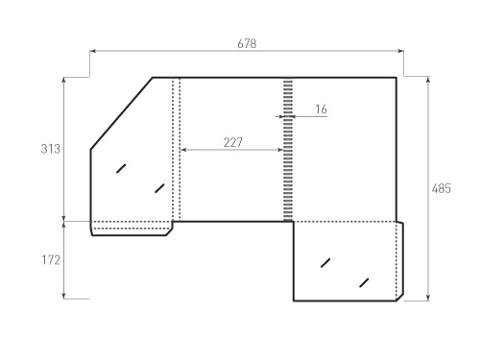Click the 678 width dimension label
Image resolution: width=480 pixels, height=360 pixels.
[247, 43]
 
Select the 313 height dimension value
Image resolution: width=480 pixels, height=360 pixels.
[51, 149]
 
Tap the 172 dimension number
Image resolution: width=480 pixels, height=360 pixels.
[51, 260]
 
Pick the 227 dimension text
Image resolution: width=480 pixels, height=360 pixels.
[232, 142]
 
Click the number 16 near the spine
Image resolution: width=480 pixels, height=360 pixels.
[320, 109]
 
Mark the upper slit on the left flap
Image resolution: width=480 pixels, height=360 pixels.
[121, 168]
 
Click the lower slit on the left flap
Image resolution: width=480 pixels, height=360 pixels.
[159, 187]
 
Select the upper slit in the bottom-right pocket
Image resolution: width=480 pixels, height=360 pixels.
[325, 262]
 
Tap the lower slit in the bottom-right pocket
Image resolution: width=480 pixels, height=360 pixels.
[364, 281]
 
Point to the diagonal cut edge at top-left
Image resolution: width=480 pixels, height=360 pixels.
[122, 113]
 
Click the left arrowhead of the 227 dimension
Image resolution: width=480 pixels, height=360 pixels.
[183, 150]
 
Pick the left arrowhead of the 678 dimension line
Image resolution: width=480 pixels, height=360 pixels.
[93, 51]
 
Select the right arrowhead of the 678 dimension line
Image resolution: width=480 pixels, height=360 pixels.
[400, 51]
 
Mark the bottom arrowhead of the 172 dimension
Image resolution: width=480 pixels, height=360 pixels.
[64, 297]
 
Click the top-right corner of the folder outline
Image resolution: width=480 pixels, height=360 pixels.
[396, 77]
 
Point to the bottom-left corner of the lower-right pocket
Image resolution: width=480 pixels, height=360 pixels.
[293, 300]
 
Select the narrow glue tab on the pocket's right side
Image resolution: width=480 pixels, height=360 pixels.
[399, 260]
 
